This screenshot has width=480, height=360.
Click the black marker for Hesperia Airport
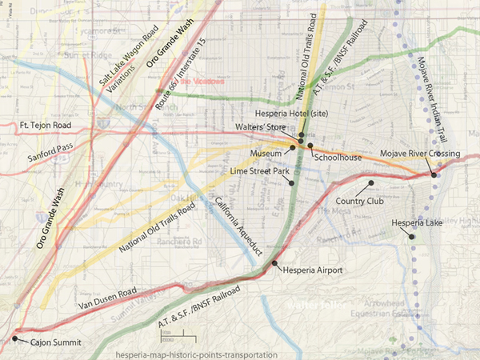274,262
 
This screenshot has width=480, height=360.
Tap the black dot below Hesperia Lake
412,236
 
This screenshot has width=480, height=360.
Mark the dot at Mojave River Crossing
434,174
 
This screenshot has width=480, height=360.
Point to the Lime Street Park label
258,171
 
